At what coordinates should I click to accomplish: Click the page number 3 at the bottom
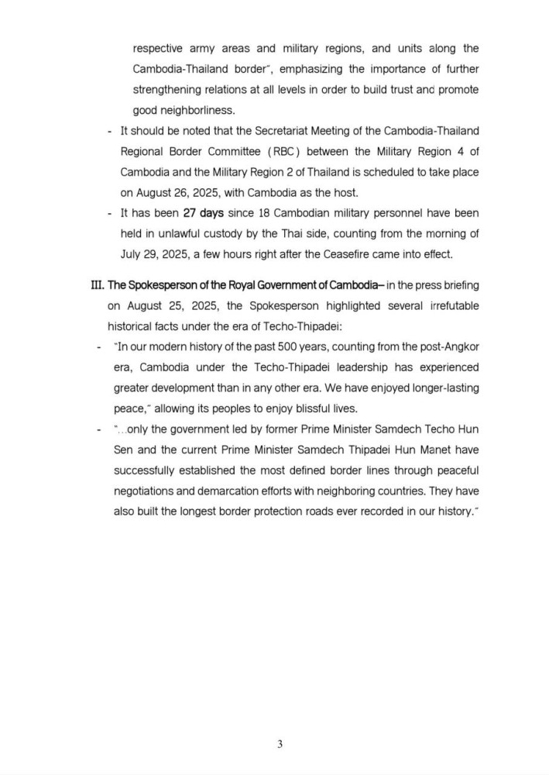click(x=280, y=746)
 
